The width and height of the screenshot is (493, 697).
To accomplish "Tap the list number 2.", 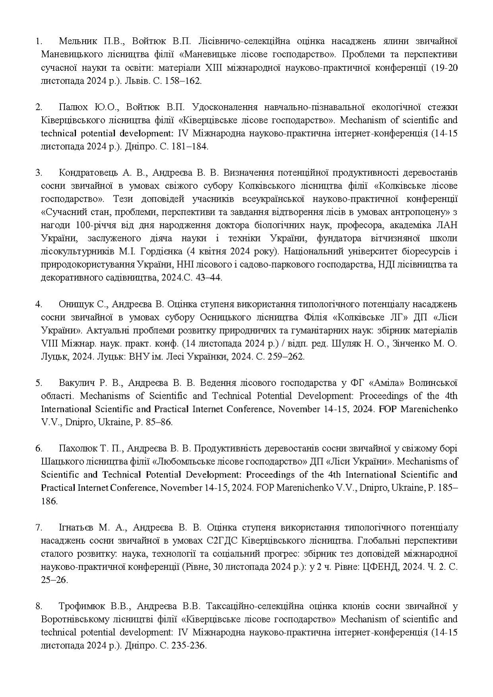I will pyautogui.click(x=39, y=107).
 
